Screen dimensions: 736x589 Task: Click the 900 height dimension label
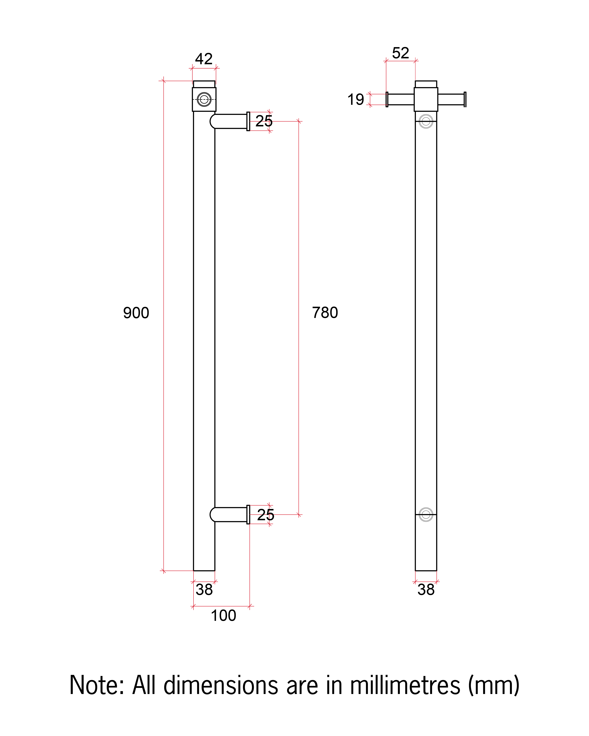[x=136, y=313]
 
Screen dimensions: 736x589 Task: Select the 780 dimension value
[x=325, y=312]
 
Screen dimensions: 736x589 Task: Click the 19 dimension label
[x=355, y=99]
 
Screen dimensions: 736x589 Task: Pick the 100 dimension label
[x=223, y=615]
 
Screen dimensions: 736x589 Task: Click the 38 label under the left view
[x=204, y=590]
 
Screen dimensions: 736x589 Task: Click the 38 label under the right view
[x=426, y=590]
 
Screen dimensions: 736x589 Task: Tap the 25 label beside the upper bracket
[x=264, y=121]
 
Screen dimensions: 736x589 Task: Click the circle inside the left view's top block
[x=204, y=99]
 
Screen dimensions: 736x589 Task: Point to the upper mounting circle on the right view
[x=426, y=121]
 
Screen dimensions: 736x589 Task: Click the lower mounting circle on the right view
[x=426, y=514]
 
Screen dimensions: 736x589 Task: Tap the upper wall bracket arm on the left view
[x=229, y=121]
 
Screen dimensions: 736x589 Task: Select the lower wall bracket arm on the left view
[x=229, y=514]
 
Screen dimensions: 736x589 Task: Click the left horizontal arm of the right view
[x=400, y=99]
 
